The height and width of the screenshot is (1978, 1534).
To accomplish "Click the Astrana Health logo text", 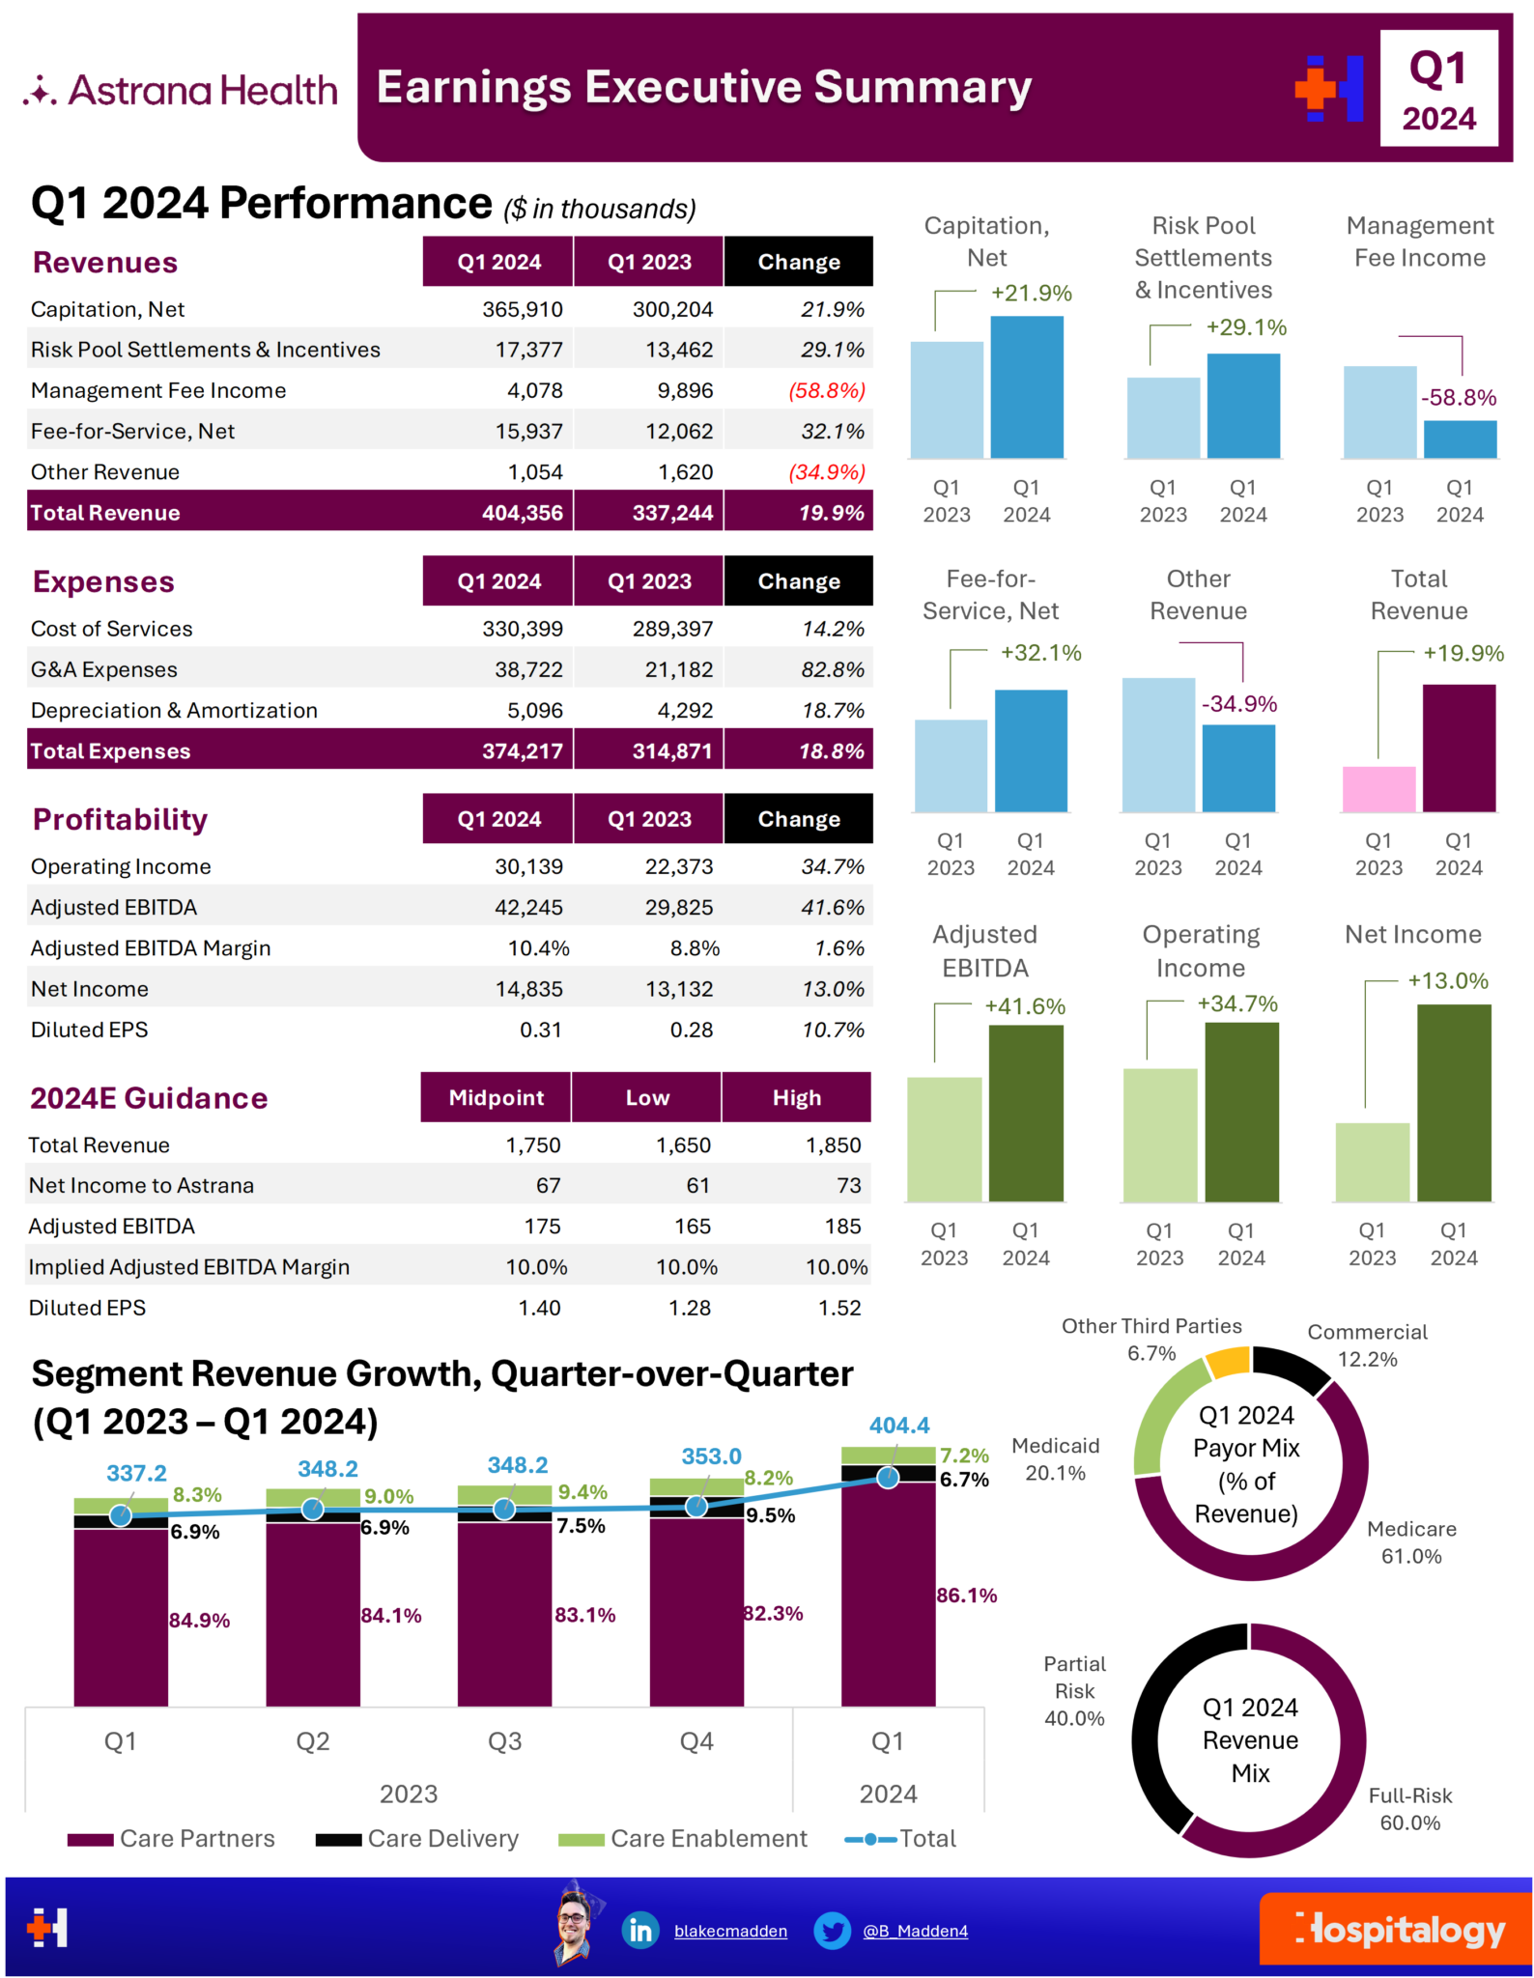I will pos(202,91).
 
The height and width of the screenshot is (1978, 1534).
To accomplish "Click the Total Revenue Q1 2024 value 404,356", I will pos(522,513).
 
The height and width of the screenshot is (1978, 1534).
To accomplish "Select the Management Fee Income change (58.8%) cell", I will pos(826,390).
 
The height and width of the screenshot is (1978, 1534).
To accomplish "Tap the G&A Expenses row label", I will pos(104,669).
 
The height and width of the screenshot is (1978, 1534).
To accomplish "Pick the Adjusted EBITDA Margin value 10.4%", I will pos(538,948).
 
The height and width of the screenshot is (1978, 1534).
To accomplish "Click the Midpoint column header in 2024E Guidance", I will pos(496,1097).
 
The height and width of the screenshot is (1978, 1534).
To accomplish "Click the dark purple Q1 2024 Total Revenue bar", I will pos(1458,749).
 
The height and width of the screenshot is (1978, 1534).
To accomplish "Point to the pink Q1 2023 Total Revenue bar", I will pos(1378,789).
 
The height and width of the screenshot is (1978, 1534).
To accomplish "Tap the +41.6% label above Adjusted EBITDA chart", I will pos(1024,1006).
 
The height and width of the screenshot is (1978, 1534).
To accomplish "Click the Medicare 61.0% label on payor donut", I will pos(1410,1542).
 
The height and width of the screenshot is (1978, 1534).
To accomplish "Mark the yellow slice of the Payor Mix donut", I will pos(1229,1362).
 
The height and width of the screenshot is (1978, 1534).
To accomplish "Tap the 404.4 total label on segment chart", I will pos(898,1425).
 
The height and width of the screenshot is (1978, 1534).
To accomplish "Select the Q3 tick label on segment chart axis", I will pos(504,1741).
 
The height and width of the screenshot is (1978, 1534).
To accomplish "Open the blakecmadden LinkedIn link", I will pos(730,1931).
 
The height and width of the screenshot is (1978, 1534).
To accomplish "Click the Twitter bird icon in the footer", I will pos(832,1931).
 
